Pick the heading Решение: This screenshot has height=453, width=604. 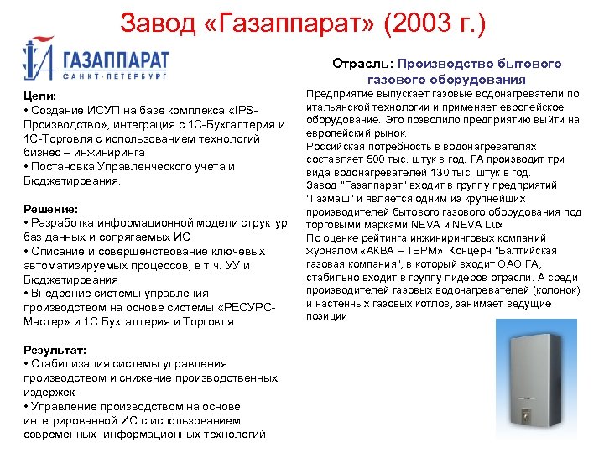point(51,208)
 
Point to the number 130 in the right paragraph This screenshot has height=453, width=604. point(453,173)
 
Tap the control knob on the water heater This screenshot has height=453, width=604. point(527,414)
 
